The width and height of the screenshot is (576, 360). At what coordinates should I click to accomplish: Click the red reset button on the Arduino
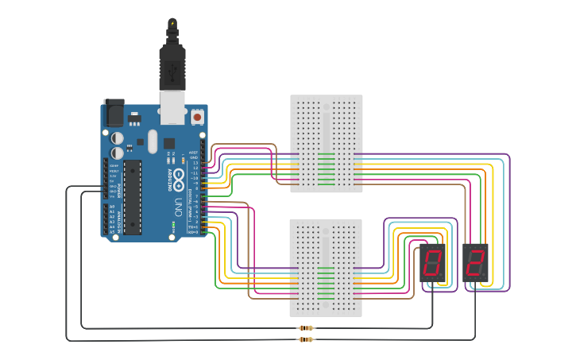(x=197, y=117)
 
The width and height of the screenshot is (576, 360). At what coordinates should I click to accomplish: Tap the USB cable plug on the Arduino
(x=172, y=75)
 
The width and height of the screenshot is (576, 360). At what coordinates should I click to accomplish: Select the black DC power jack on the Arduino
(x=114, y=113)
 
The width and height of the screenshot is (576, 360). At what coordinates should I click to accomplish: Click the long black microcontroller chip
(x=133, y=197)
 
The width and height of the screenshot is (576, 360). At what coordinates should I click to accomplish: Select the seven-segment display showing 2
(x=474, y=262)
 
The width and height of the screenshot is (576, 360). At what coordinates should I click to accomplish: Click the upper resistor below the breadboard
(x=306, y=327)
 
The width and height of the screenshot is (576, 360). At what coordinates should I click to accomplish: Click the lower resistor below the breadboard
(x=306, y=340)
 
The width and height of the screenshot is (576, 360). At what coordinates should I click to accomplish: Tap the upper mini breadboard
(x=326, y=143)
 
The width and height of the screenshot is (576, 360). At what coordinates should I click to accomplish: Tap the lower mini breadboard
(x=326, y=268)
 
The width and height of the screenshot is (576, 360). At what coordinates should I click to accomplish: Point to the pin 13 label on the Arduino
(x=195, y=163)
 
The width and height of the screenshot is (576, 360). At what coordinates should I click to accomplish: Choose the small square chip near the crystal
(x=169, y=144)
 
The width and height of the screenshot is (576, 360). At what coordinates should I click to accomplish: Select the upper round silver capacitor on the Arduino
(x=118, y=135)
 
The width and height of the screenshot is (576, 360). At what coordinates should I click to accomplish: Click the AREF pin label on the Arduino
(x=193, y=152)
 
